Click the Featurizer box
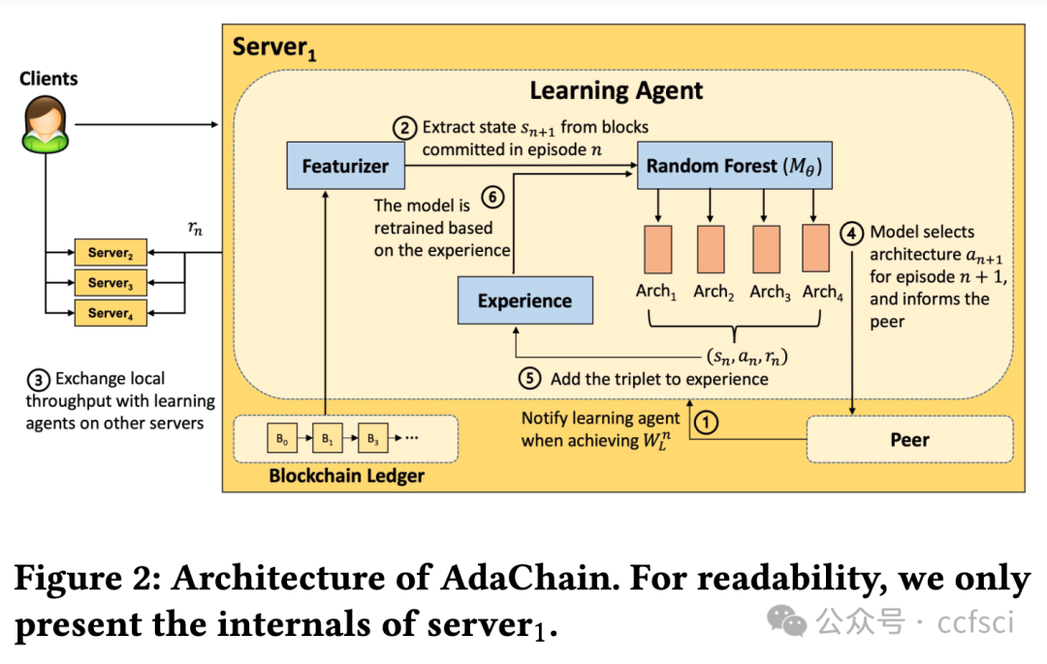click(345, 166)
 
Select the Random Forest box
click(734, 166)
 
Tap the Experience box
click(524, 300)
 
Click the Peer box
click(909, 439)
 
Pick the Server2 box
click(110, 253)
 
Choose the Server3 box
click(110, 283)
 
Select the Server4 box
click(110, 313)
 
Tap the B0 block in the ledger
click(281, 439)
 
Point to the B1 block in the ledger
click(327, 439)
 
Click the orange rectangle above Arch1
click(656, 249)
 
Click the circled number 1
click(708, 423)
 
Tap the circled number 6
click(492, 198)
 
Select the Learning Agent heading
click(616, 91)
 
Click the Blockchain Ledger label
click(346, 476)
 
